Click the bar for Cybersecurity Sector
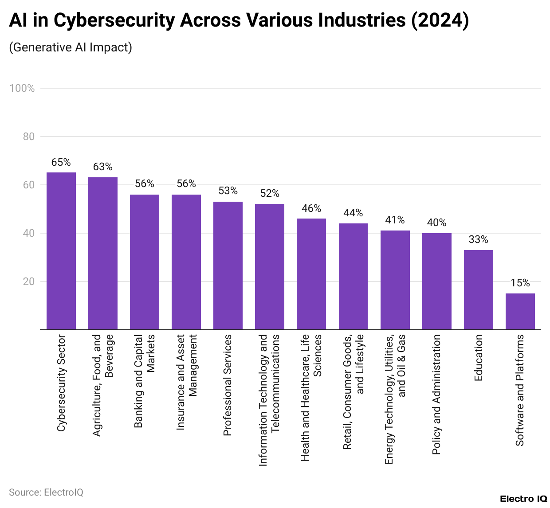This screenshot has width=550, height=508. click(61, 251)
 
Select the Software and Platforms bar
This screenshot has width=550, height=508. click(520, 312)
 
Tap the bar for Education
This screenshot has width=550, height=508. click(478, 290)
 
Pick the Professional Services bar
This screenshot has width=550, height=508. click(228, 266)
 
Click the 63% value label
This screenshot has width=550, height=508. click(103, 167)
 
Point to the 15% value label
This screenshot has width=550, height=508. click(520, 283)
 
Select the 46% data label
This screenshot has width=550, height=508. click(311, 209)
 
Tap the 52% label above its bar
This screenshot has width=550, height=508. click(270, 194)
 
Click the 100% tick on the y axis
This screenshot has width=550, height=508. click(22, 88)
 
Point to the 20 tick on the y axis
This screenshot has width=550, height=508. click(29, 281)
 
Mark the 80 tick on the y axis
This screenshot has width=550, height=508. click(29, 137)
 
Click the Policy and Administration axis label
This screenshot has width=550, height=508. click(436, 394)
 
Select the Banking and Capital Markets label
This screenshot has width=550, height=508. click(145, 381)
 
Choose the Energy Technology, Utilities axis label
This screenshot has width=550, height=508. click(395, 399)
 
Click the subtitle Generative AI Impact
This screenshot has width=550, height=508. click(71, 47)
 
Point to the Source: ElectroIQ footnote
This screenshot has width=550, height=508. click(46, 492)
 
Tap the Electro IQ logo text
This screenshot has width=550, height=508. click(523, 499)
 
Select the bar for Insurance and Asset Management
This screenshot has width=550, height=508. click(186, 262)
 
